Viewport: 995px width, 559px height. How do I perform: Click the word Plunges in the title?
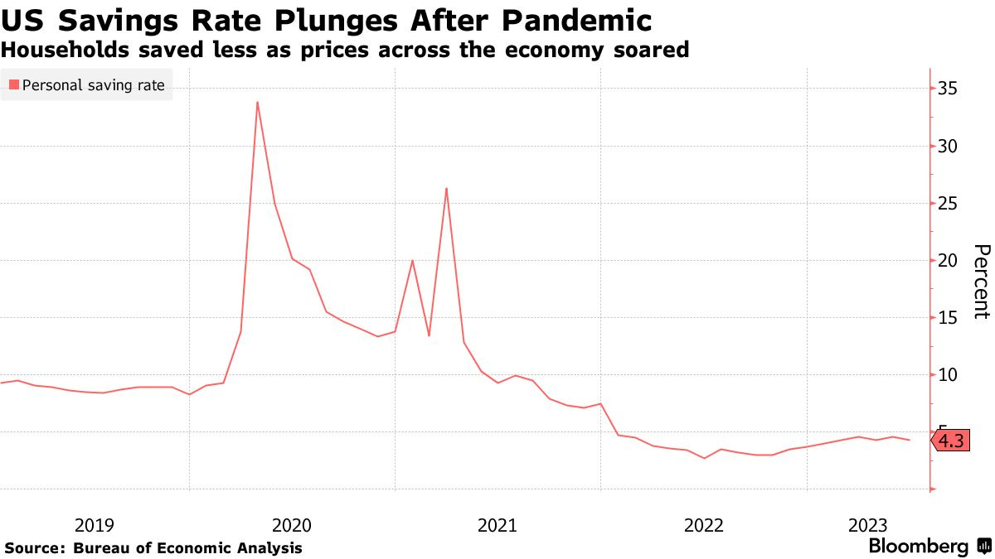(323, 19)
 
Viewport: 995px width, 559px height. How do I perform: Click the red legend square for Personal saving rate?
(13, 84)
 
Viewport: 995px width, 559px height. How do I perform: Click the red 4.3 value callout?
(951, 441)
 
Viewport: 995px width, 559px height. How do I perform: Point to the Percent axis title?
(981, 282)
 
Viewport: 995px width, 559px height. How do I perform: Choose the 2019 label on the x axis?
(95, 525)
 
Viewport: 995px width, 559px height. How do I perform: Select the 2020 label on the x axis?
(291, 525)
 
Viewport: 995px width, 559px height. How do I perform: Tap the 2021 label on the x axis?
(498, 525)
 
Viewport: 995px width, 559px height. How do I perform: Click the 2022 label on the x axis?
(703, 525)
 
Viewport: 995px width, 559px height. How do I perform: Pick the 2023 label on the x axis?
(868, 525)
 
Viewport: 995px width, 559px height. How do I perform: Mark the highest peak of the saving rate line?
(257, 102)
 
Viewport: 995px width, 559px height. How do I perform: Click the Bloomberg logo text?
(918, 547)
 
